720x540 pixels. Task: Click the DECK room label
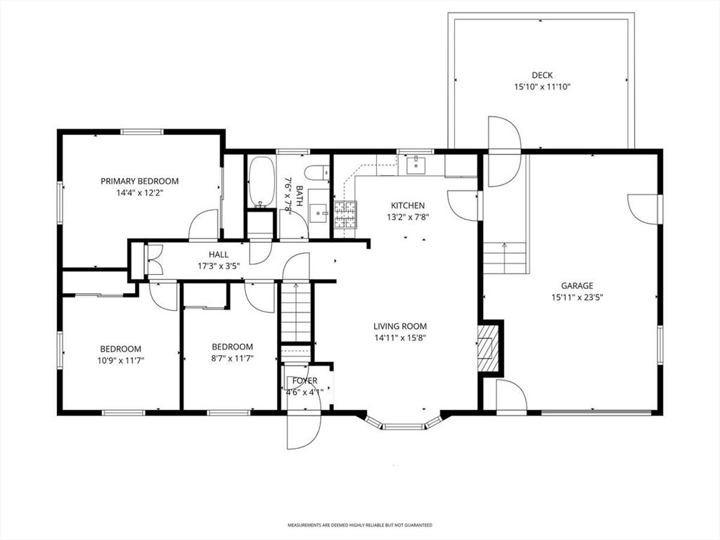point(542,75)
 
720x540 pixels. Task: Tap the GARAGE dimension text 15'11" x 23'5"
point(577,297)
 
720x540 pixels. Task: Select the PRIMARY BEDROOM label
point(140,181)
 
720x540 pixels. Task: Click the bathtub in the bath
point(262,182)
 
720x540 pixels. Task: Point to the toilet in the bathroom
point(318,173)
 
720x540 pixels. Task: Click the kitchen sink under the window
point(416,165)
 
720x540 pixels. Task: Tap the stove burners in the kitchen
point(345,215)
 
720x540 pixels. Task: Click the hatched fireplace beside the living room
point(488,348)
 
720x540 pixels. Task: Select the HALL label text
point(218,255)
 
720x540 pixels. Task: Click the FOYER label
point(305,380)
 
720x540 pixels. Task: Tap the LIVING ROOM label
point(400,326)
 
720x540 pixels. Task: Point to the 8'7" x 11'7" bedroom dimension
point(232,358)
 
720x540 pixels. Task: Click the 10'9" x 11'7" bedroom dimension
point(121,361)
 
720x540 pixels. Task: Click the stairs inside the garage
point(504,258)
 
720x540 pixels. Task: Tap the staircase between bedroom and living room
point(296,312)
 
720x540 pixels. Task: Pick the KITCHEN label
point(408,205)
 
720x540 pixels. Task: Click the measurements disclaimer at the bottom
point(360,525)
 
